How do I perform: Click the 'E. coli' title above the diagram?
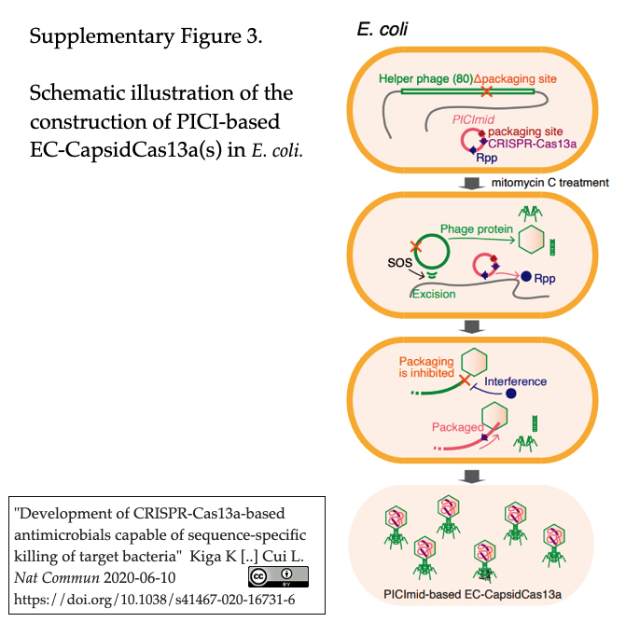pos(382,30)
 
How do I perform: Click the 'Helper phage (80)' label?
pos(425,79)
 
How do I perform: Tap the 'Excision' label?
pos(434,294)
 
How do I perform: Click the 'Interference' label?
pos(515,381)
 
